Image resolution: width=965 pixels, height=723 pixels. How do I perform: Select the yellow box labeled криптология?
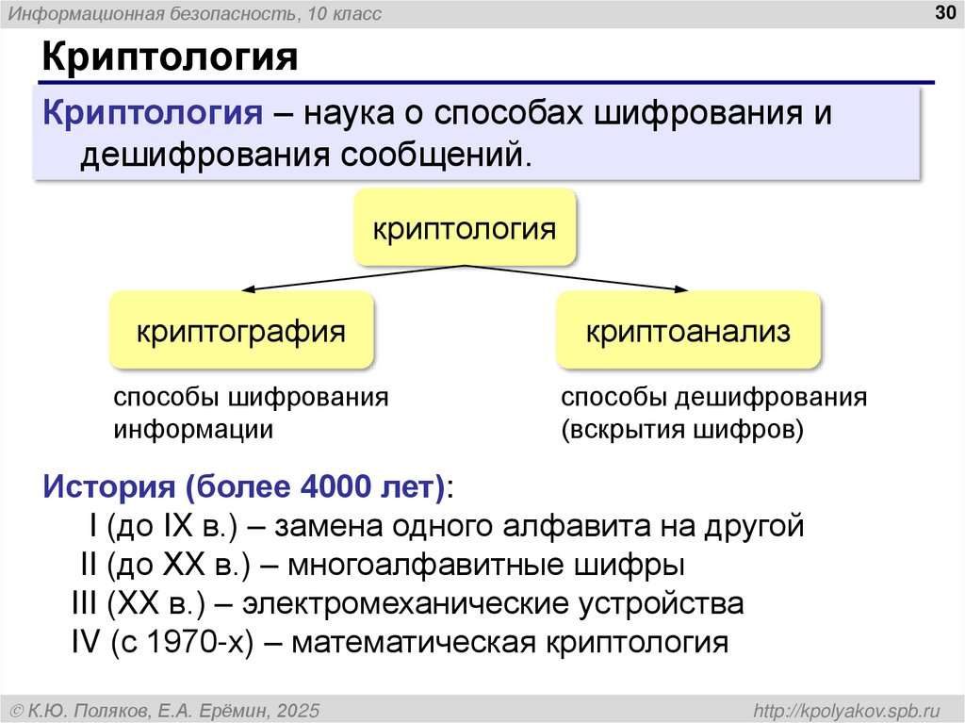[465, 227]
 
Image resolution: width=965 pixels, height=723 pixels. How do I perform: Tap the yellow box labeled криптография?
[241, 331]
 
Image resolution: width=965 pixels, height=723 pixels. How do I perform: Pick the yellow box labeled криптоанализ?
[688, 331]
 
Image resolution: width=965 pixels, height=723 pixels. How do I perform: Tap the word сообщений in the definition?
[429, 154]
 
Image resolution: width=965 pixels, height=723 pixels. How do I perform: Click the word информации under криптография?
[194, 430]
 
